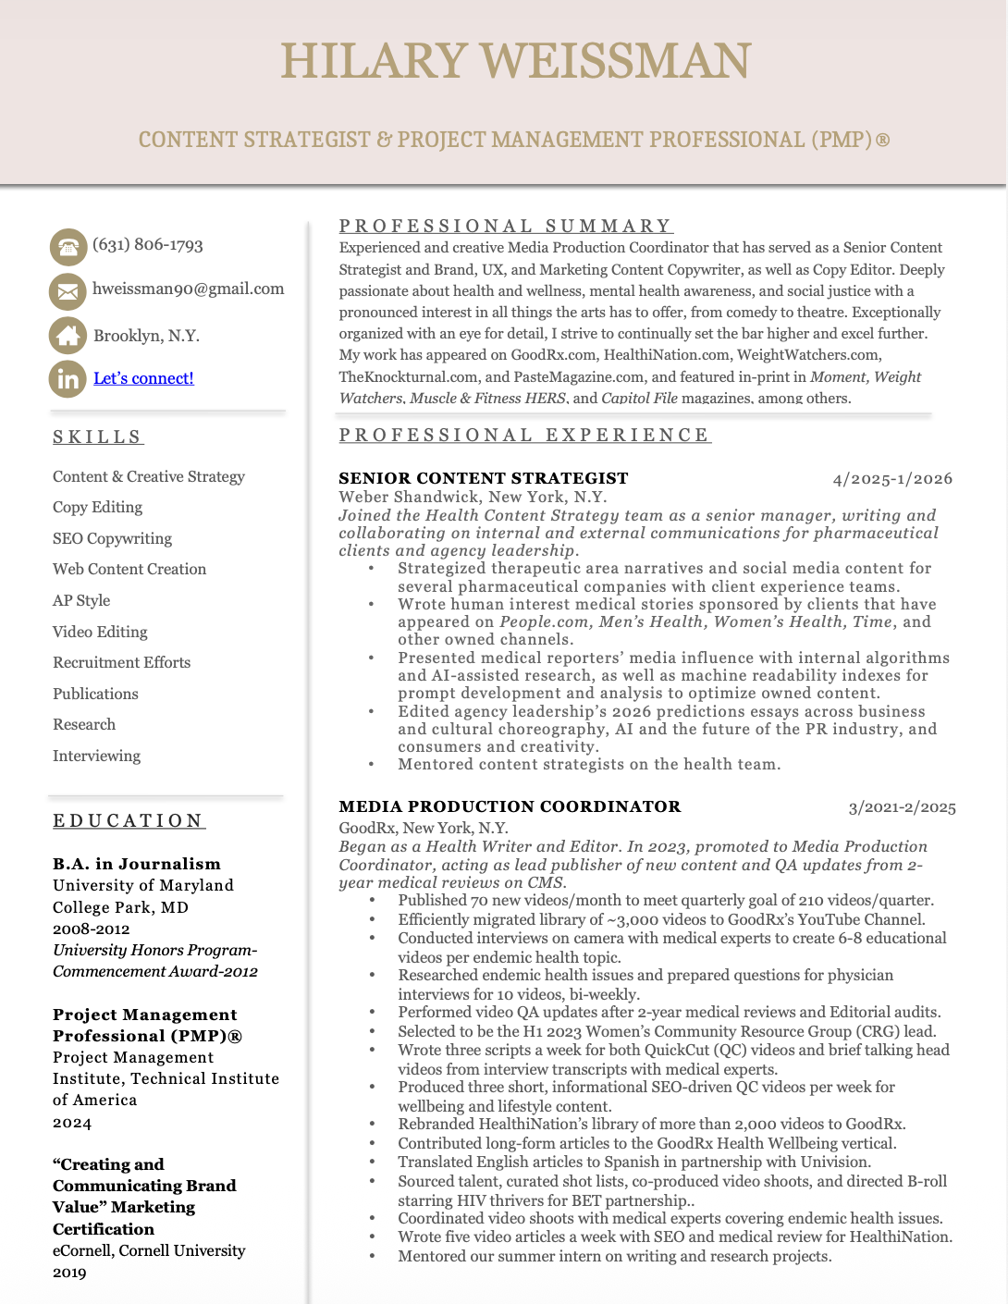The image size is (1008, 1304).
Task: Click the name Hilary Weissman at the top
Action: (x=515, y=61)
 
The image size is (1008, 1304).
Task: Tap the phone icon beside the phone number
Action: (x=68, y=247)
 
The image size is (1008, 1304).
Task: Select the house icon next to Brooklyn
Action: (x=68, y=336)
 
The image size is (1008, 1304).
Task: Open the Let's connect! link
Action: (x=143, y=378)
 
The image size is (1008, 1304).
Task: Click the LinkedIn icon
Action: (x=68, y=379)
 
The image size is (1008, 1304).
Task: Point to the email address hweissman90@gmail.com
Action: (x=189, y=289)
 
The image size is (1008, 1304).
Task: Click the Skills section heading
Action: (x=98, y=437)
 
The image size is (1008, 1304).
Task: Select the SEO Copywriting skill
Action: (x=112, y=538)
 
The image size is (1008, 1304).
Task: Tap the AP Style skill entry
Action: (x=81, y=600)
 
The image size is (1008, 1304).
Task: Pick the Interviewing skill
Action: (x=96, y=756)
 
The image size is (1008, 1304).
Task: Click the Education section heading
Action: (x=129, y=820)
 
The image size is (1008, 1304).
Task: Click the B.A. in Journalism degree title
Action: (x=137, y=864)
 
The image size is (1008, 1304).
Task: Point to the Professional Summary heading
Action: (x=506, y=226)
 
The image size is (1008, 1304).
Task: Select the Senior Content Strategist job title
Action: (x=483, y=478)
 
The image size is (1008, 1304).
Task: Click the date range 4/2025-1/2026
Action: (x=892, y=479)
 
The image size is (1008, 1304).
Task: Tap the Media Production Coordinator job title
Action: (x=510, y=806)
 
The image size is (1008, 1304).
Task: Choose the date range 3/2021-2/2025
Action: (x=902, y=807)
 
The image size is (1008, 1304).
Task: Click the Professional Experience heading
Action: (x=524, y=435)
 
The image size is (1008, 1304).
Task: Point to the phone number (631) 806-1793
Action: (x=148, y=245)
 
